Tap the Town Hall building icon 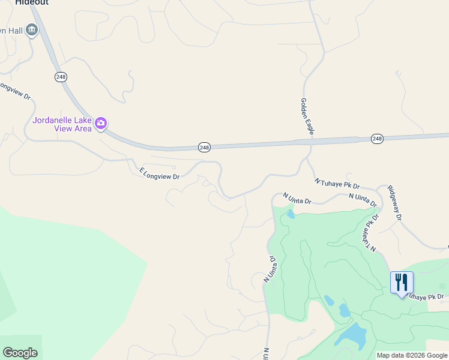click(x=32, y=29)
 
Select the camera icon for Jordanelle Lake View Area click(x=101, y=124)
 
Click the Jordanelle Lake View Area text click(x=62, y=124)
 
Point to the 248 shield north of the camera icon click(x=61, y=77)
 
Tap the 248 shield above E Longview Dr click(x=204, y=147)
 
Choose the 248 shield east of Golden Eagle click(x=377, y=139)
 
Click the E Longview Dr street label click(x=160, y=173)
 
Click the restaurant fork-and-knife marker click(x=401, y=281)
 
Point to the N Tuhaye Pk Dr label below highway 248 click(x=336, y=184)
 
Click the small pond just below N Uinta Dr click(x=291, y=214)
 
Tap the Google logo click(x=20, y=353)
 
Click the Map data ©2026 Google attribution click(x=412, y=355)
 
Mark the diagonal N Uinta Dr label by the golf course click(x=270, y=269)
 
